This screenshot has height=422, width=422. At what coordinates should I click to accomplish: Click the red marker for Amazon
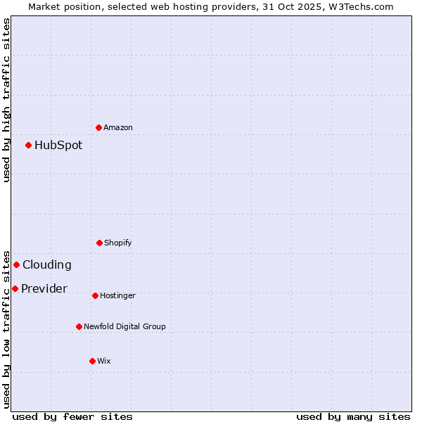point(98,127)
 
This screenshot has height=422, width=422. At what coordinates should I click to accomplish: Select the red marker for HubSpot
point(28,145)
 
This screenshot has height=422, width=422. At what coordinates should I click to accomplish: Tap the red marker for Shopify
point(99,243)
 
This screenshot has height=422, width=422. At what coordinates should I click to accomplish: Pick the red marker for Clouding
point(16,264)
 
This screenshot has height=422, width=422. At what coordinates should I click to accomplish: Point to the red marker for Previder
point(15,288)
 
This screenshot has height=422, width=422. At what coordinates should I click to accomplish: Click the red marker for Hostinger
point(95,295)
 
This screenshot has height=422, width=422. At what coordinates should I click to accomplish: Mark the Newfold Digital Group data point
point(79,326)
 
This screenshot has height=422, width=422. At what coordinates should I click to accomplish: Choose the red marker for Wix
point(92,361)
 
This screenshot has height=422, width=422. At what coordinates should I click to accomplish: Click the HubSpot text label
point(58,146)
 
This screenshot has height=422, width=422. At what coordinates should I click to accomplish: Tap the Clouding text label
point(47,265)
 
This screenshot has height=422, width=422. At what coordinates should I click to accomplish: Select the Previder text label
point(44,289)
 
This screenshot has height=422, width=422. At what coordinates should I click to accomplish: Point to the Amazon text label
point(118,128)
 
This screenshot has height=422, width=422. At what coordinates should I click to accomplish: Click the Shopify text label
point(118,243)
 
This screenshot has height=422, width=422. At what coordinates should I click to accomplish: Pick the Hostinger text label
point(117,296)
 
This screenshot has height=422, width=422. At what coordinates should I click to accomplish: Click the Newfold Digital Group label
point(125,327)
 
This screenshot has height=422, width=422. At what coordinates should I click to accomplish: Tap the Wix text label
point(104,362)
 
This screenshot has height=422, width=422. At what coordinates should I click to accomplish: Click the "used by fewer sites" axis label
point(72,416)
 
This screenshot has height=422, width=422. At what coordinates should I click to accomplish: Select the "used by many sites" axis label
point(353,416)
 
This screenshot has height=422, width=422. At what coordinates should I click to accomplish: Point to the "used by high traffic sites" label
point(6,100)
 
